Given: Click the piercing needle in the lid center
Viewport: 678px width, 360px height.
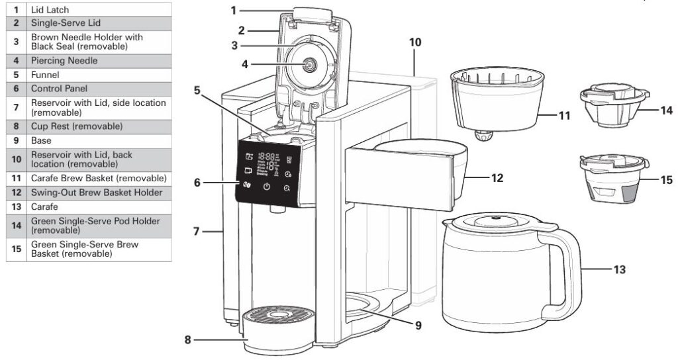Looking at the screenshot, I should click(309, 64).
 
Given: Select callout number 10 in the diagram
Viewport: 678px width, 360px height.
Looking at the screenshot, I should click(415, 42).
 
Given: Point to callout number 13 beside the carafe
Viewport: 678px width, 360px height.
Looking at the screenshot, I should click(619, 269).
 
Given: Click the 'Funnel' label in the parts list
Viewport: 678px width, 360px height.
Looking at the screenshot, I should click(45, 75).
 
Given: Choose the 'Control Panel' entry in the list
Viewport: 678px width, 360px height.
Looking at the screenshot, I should click(59, 88).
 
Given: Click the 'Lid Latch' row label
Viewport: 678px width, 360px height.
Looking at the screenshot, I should click(50, 10).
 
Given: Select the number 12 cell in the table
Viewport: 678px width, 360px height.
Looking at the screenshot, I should click(15, 193).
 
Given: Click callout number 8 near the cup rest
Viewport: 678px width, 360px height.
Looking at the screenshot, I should click(188, 340).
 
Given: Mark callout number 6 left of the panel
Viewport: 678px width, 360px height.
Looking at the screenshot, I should click(197, 183).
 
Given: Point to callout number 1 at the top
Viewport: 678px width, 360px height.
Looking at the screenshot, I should click(233, 10).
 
